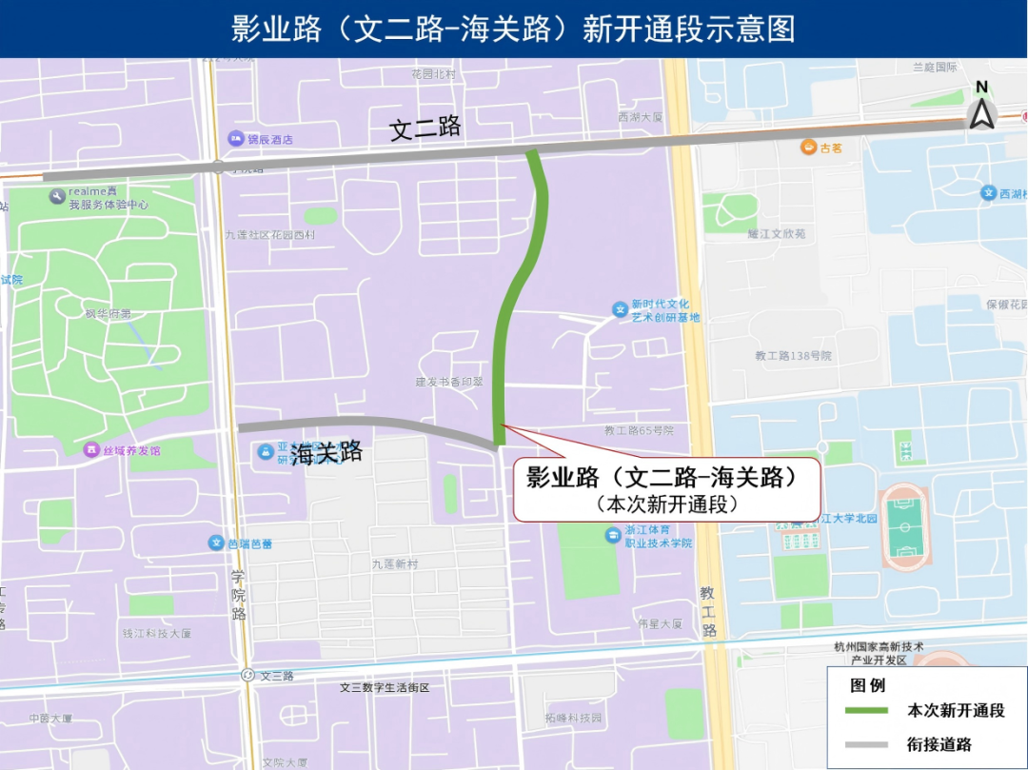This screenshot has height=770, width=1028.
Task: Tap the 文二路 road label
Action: [x=425, y=128]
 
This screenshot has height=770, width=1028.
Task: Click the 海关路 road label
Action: [x=326, y=454]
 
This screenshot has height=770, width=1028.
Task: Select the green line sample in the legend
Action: [x=865, y=710]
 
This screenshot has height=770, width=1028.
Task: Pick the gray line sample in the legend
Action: [x=865, y=744]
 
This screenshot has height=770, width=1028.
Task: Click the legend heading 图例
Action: [x=867, y=684]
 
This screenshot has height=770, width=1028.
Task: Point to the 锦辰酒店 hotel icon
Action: [x=235, y=139]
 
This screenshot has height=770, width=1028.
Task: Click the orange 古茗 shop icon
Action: [x=807, y=148]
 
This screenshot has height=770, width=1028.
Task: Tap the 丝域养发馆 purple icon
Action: [x=91, y=449]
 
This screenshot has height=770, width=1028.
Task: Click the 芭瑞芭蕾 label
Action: [x=249, y=543]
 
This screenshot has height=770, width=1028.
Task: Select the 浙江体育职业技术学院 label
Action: [x=658, y=536]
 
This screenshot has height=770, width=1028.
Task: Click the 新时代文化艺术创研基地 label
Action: [x=665, y=310]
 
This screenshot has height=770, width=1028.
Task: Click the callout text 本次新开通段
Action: [x=667, y=504]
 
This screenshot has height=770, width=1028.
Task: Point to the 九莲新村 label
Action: [x=394, y=564]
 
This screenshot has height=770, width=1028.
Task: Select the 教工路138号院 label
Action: [x=793, y=355]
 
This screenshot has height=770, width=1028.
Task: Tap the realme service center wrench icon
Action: [x=57, y=197]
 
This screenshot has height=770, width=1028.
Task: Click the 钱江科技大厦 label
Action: [x=157, y=633]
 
